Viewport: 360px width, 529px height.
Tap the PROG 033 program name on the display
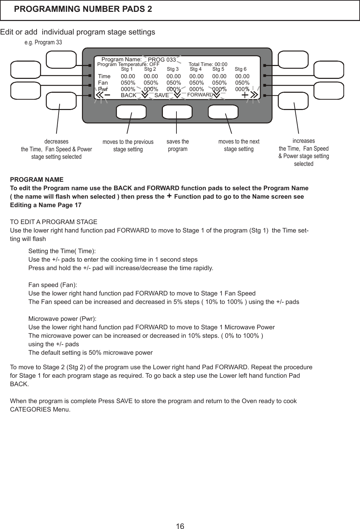[162, 60]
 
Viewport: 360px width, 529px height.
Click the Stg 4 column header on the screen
[196, 69]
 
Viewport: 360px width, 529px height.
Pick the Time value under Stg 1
[128, 76]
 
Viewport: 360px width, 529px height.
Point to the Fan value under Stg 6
[242, 83]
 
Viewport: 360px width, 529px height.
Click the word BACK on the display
[128, 95]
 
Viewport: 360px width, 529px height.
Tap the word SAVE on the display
[162, 95]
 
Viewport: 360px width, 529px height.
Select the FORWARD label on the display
[200, 95]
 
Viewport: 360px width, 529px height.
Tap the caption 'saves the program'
[178, 145]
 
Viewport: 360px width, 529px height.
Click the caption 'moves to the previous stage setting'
[128, 146]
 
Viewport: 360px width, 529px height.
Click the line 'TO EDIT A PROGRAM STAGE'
[54, 222]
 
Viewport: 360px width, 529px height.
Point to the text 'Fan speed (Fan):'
[52, 285]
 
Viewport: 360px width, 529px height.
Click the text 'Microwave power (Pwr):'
[62, 319]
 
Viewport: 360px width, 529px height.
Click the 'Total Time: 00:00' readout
[208, 64]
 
